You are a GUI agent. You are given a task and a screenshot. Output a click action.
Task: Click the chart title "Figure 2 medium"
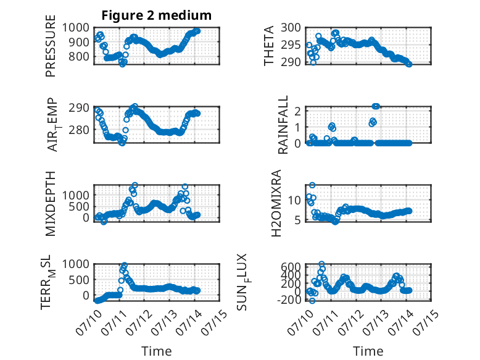click(x=157, y=15)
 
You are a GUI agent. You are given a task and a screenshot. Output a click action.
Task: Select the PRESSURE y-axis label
click(x=51, y=46)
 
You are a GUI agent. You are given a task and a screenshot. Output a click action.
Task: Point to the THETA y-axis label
click(x=269, y=46)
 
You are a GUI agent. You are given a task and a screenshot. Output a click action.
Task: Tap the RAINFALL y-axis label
click(x=283, y=124)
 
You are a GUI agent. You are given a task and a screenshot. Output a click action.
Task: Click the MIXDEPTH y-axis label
click(x=51, y=203)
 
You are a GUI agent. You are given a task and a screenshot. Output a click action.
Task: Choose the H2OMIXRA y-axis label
click(x=276, y=203)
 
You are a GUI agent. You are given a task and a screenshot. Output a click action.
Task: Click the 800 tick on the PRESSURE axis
click(x=79, y=56)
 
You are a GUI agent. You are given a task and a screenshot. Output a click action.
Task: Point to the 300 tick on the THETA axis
click(x=291, y=28)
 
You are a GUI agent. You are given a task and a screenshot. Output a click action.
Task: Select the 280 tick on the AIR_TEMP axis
click(x=79, y=130)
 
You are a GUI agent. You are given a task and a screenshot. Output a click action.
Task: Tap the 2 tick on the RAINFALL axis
click(x=297, y=111)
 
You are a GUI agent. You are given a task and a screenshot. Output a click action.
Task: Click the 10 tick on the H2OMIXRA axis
click(x=294, y=200)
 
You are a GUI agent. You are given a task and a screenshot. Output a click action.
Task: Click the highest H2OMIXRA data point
click(x=312, y=185)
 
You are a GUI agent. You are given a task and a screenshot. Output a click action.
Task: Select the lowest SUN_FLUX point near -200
click(x=312, y=301)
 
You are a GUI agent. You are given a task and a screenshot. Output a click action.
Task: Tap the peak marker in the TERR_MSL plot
click(x=124, y=264)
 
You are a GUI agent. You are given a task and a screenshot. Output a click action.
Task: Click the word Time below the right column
click(x=368, y=351)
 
